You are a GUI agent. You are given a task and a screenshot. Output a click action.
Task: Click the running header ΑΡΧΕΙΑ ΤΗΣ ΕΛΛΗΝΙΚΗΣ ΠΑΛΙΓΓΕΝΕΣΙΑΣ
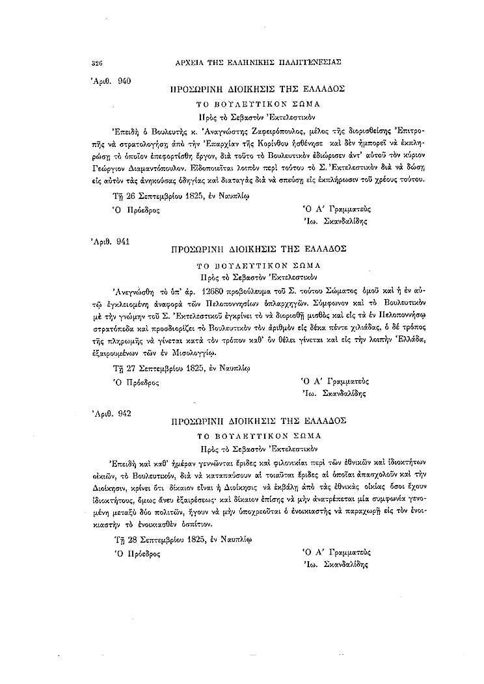259,63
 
